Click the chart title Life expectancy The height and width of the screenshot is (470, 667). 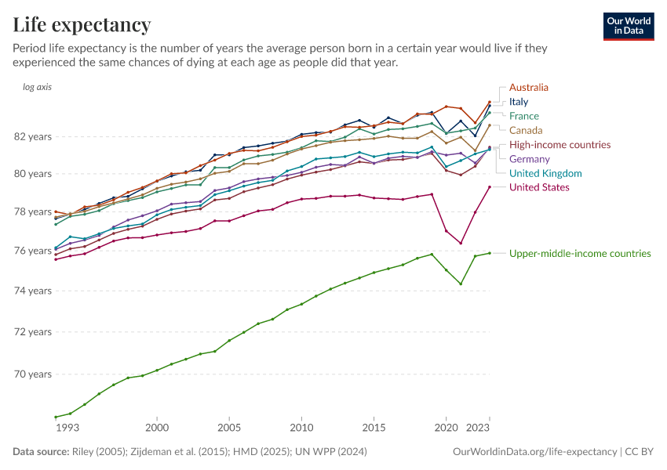pyautogui.click(x=82, y=25)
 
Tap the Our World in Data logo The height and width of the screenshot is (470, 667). pyautogui.click(x=628, y=26)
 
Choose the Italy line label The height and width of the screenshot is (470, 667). pyautogui.click(x=519, y=102)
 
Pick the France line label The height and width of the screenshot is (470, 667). pyautogui.click(x=524, y=116)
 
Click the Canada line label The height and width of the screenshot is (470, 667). pyautogui.click(x=526, y=130)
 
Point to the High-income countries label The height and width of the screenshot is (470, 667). pyautogui.click(x=559, y=145)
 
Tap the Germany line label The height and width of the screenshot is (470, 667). pyautogui.click(x=530, y=159)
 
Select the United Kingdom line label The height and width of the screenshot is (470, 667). pyautogui.click(x=545, y=173)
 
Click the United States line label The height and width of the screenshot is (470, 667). pyautogui.click(x=539, y=187)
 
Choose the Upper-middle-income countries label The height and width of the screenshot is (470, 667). pyautogui.click(x=580, y=253)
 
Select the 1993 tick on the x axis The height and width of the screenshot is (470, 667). pyautogui.click(x=67, y=428)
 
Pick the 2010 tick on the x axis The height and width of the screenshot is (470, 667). pyautogui.click(x=301, y=428)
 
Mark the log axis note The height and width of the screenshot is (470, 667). pyautogui.click(x=38, y=87)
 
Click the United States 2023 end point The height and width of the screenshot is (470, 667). pyautogui.click(x=489, y=186)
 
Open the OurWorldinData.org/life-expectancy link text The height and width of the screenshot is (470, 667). pyautogui.click(x=535, y=452)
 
